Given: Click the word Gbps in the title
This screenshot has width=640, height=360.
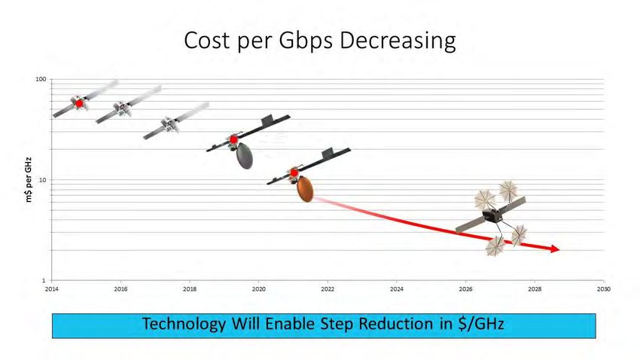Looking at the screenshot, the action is coord(306,41).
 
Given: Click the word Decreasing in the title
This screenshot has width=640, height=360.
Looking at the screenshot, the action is coord(398,41).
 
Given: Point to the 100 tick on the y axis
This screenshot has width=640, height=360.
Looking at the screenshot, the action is coord(41,79).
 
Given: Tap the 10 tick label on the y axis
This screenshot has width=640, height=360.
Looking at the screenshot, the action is coord(43,179).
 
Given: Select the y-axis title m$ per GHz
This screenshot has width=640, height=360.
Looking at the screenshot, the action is coord(28,179).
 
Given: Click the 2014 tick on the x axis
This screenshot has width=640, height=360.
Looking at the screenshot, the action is coord(51,289).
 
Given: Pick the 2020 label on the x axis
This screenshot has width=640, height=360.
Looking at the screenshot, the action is coord(258,289).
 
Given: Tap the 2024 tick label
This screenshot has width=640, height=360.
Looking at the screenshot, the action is coord(396,289).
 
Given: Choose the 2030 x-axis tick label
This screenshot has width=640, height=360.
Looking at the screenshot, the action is coord(604,289).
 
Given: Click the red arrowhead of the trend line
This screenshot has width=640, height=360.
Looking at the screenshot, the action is coord(555,249).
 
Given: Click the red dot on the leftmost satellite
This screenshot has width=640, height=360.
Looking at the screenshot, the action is coord(79,104).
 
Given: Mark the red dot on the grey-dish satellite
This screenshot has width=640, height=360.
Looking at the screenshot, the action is coord(234,139).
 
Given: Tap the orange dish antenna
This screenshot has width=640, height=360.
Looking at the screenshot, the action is coord(305,189).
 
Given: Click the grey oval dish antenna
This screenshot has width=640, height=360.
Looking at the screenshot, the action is coord(245,156).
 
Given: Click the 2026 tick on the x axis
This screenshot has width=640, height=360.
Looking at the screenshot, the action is coord(466,289).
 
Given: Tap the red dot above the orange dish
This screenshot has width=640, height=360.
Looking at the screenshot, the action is coord(294,173).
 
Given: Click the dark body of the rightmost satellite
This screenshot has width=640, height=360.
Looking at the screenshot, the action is coord(492,215).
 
